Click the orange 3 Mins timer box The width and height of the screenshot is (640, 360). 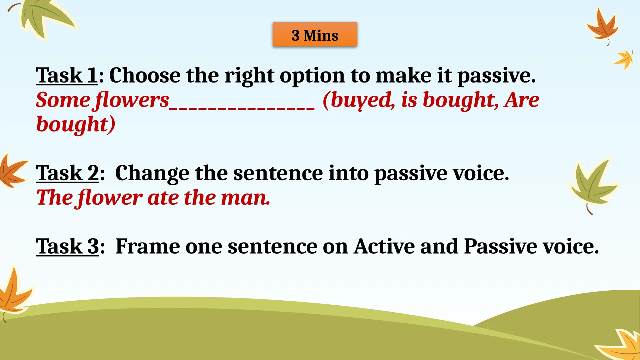tap(315, 35)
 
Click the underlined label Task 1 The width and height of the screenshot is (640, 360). tap(67, 75)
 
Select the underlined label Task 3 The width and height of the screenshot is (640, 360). tap(67, 246)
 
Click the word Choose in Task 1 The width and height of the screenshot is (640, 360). tap(145, 75)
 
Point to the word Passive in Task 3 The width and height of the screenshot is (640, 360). tap(500, 246)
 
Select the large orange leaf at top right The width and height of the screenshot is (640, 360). tap(602, 27)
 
